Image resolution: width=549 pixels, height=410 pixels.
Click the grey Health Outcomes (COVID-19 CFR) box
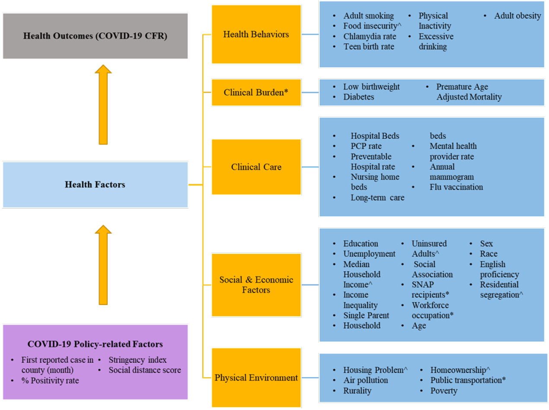95,35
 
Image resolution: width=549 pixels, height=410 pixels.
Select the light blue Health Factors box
95,185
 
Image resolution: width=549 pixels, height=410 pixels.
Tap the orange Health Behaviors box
256,34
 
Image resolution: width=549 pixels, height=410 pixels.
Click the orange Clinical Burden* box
256,92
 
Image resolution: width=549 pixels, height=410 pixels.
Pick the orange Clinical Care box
256,167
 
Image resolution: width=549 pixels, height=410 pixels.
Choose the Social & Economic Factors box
256,285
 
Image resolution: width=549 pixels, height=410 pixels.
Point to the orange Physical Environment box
256,378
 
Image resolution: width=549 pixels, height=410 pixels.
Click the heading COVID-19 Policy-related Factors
95,344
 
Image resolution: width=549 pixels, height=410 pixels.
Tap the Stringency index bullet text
137,360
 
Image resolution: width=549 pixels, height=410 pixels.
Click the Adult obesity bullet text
517,16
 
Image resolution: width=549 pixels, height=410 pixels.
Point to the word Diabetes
359,97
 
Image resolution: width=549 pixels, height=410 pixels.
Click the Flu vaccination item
456,187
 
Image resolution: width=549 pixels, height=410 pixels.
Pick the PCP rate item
366,146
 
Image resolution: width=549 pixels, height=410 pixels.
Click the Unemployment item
369,254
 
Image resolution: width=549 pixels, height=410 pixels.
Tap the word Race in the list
489,254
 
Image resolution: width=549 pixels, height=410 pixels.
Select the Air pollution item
365,380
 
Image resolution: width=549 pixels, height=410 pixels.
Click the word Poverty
444,391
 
